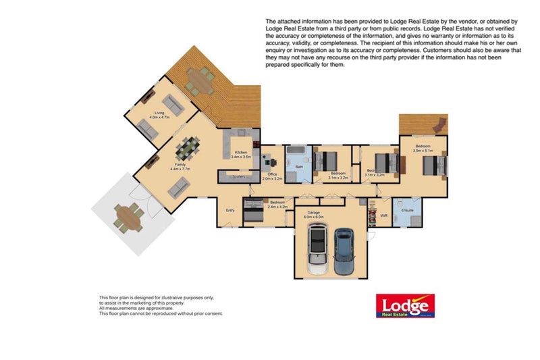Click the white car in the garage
click(x=317, y=251)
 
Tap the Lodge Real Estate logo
click(x=404, y=306)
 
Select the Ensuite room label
click(x=407, y=210)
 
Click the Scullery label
click(x=238, y=176)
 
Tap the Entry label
click(x=230, y=210)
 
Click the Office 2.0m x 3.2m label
click(x=272, y=177)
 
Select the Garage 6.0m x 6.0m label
click(x=315, y=215)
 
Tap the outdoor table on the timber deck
click(x=199, y=80)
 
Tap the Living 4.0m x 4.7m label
click(x=159, y=115)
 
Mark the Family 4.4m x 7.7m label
click(x=181, y=166)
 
